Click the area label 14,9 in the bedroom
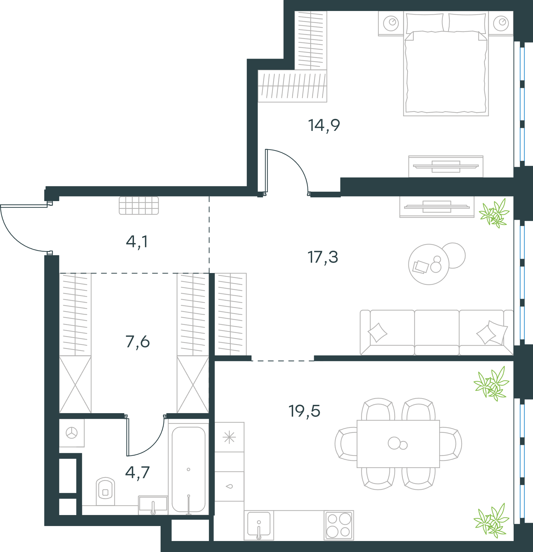click(x=324, y=126)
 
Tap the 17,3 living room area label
click(x=322, y=257)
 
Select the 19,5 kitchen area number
click(x=304, y=411)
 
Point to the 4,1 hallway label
click(x=137, y=242)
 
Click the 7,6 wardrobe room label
click(x=138, y=342)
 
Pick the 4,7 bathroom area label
click(x=137, y=472)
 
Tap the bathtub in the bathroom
click(x=189, y=469)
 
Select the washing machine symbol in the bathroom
click(x=72, y=433)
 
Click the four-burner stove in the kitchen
click(x=339, y=525)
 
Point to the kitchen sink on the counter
click(x=259, y=525)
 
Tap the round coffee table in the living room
click(x=429, y=264)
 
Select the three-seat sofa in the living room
click(x=437, y=333)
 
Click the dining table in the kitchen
click(x=398, y=444)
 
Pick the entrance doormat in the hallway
click(x=139, y=205)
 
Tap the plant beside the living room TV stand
click(x=494, y=213)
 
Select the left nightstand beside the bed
click(x=391, y=23)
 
